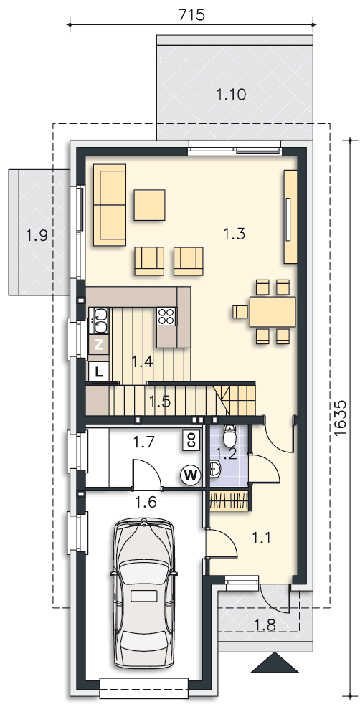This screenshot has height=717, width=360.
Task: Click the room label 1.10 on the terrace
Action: [231, 95]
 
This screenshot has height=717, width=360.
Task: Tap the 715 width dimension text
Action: [191, 14]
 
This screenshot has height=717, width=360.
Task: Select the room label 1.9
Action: [37, 235]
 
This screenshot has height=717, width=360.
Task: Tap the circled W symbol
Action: [191, 475]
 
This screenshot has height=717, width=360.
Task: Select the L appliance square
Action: [98, 371]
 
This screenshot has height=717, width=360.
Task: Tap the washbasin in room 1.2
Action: [214, 469]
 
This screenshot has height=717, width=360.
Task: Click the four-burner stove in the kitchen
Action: [166, 315]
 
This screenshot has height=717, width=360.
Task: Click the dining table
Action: [273, 312]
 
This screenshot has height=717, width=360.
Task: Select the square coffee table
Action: [150, 205]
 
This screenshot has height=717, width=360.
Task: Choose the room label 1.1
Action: [261, 538]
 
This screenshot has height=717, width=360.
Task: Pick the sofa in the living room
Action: [110, 204]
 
